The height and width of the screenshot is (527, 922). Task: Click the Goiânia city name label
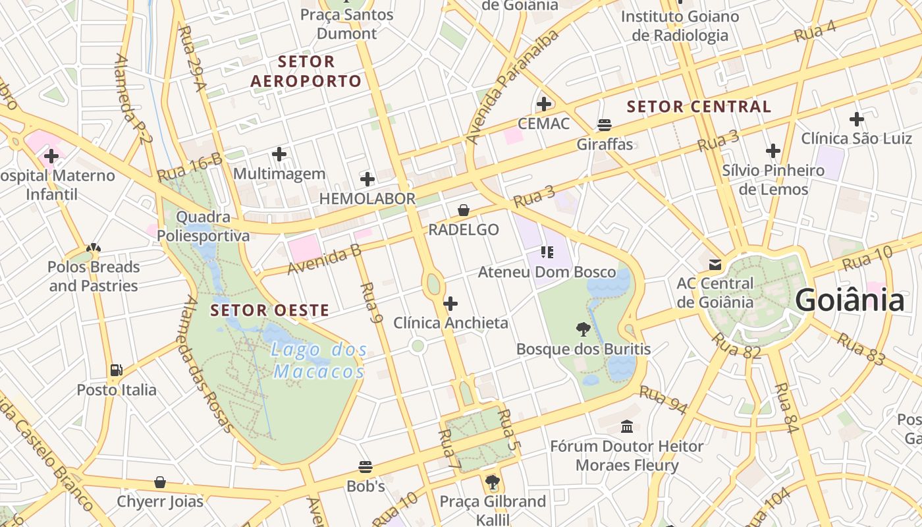point(850,300)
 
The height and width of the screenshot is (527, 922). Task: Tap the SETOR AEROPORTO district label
point(306,72)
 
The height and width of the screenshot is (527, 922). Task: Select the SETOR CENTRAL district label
point(698,107)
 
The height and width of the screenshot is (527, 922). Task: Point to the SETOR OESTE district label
point(269,310)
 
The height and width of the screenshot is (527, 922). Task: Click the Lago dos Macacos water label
point(319,361)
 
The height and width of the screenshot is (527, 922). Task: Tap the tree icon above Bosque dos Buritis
point(583,329)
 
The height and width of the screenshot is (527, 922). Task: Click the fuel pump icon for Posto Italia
point(117,370)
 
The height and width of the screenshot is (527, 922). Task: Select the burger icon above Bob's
point(366,467)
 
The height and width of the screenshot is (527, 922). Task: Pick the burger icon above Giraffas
point(604,125)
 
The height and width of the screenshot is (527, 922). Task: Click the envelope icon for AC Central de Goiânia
point(715,265)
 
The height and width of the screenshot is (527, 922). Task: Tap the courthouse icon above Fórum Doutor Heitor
point(627,426)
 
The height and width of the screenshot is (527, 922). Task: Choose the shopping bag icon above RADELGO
point(464,210)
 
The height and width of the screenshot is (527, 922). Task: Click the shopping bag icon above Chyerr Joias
point(160,482)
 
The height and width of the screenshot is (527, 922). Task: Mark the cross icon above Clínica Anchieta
point(450,304)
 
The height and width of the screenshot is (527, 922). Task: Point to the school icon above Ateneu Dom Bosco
point(547,252)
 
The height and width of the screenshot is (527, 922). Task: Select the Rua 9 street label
point(372,304)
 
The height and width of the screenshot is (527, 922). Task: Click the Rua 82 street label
point(736,347)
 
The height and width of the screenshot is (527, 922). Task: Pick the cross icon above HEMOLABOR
point(367,179)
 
